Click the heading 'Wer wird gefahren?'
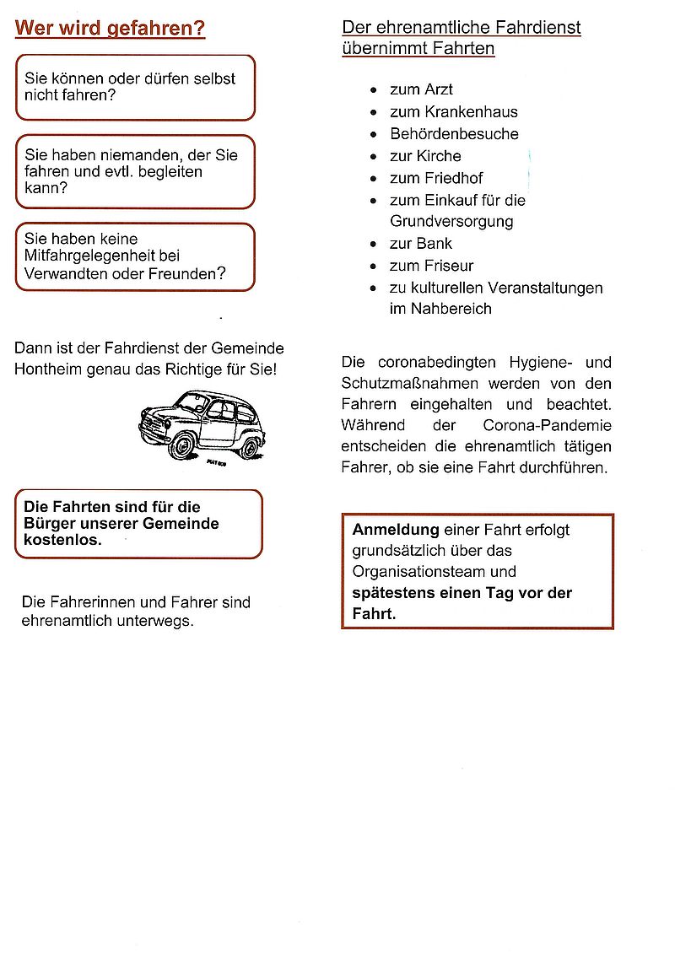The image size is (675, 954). (110, 29)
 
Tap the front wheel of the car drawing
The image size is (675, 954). (182, 444)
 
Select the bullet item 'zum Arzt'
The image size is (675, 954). (421, 89)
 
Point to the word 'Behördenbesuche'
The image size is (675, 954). (454, 133)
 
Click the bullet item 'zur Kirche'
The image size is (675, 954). (425, 155)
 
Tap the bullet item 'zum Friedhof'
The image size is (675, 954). (436, 178)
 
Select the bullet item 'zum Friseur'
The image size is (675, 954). (431, 266)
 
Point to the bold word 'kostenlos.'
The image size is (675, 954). (62, 540)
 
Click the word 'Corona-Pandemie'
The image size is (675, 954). (548, 425)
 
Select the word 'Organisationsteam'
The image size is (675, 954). (410, 571)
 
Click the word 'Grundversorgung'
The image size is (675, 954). (451, 222)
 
